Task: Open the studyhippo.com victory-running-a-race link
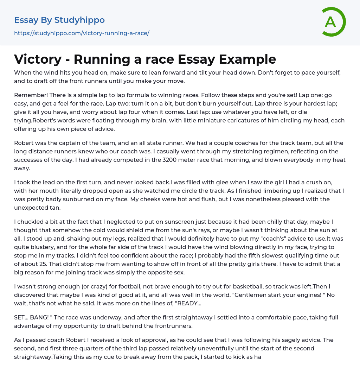tap(82, 33)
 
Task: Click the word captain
tap(77, 143)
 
